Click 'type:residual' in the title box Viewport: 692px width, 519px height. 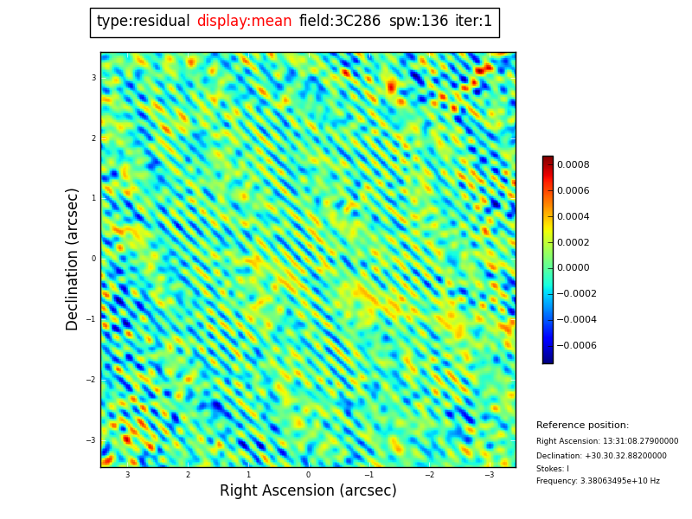click(144, 22)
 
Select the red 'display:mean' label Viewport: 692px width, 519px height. click(244, 22)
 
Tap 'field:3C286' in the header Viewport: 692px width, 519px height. click(340, 22)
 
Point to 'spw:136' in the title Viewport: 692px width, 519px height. click(419, 22)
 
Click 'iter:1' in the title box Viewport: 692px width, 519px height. click(473, 22)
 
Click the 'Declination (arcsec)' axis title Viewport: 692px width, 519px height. click(73, 259)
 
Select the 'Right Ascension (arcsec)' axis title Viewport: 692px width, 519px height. click(308, 491)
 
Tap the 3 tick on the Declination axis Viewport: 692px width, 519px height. click(93, 78)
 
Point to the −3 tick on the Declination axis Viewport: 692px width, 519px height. click(91, 440)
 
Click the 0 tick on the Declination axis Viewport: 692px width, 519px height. click(93, 259)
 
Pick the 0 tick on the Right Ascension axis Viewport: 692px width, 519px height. click(308, 475)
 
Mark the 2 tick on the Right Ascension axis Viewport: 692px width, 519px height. click(188, 475)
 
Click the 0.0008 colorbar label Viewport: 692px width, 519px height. click(573, 165)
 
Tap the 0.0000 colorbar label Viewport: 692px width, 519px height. click(573, 268)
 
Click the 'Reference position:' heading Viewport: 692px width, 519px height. click(582, 426)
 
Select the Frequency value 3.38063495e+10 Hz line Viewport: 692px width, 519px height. click(598, 482)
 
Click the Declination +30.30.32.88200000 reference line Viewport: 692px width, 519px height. click(601, 456)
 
